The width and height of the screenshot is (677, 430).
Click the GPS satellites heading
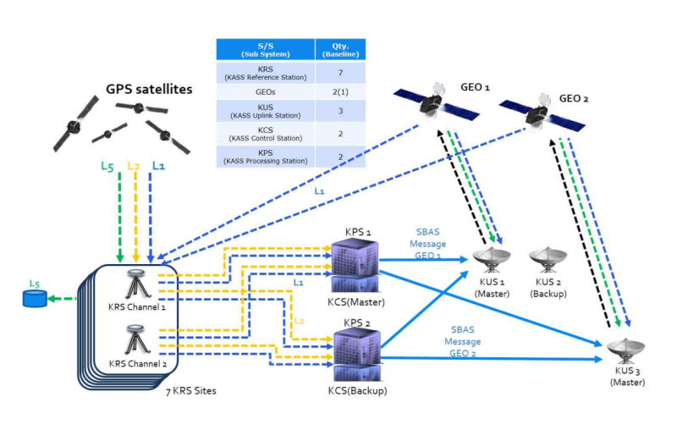[149, 89]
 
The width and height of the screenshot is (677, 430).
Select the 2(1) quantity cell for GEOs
[340, 91]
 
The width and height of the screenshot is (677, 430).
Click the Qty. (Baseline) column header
[340, 48]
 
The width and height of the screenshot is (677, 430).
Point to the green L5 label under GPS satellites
[107, 167]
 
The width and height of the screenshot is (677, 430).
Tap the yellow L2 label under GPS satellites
[133, 166]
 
